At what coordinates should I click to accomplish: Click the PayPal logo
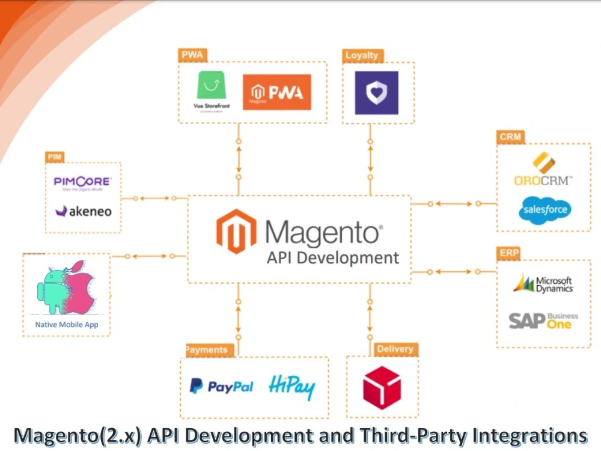pyautogui.click(x=221, y=386)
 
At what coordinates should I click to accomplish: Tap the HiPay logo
pyautogui.click(x=291, y=387)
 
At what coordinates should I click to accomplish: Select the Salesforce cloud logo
pyautogui.click(x=545, y=209)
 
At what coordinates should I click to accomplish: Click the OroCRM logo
pyautogui.click(x=543, y=171)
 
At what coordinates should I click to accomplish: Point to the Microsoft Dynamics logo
pyautogui.click(x=543, y=284)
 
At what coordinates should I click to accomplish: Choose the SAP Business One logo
pyautogui.click(x=543, y=321)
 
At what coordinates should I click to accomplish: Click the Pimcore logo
pyautogui.click(x=82, y=182)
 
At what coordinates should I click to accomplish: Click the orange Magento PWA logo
pyautogui.click(x=276, y=92)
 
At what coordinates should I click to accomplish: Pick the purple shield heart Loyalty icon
pyautogui.click(x=376, y=93)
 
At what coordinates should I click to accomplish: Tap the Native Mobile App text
pyautogui.click(x=67, y=325)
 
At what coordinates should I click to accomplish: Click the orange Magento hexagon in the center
pyautogui.click(x=236, y=232)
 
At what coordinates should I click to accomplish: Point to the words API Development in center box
pyautogui.click(x=332, y=258)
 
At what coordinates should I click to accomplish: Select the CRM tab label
pyautogui.click(x=510, y=137)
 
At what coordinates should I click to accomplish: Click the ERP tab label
pyautogui.click(x=509, y=253)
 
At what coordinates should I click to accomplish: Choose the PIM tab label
pyautogui.click(x=55, y=157)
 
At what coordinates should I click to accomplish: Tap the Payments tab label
pyautogui.click(x=207, y=349)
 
